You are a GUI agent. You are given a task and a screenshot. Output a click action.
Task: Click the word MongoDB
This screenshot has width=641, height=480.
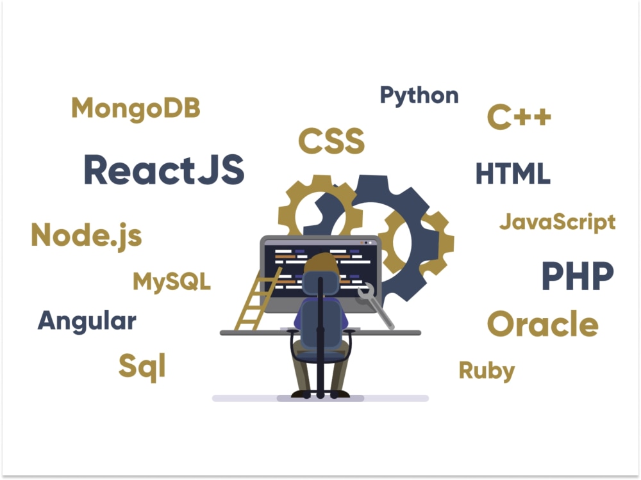click(x=136, y=109)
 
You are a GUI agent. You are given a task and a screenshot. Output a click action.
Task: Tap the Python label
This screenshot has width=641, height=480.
click(x=419, y=96)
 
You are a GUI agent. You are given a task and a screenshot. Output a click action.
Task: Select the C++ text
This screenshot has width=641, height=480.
click(x=519, y=117)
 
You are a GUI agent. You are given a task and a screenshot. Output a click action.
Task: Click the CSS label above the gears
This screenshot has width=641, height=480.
click(x=331, y=141)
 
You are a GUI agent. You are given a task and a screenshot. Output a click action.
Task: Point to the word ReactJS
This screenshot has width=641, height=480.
click(x=164, y=170)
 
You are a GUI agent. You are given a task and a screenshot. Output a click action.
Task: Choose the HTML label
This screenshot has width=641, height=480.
click(x=513, y=173)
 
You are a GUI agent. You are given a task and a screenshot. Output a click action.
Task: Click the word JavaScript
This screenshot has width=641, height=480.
click(x=558, y=223)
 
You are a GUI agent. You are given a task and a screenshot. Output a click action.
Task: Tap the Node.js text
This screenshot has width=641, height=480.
click(x=87, y=236)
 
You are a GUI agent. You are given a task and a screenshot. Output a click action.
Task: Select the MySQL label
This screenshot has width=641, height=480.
click(x=172, y=282)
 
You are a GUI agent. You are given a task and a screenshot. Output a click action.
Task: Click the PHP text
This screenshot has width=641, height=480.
click(x=578, y=276)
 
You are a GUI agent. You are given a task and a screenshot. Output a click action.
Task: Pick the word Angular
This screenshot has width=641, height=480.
click(x=87, y=322)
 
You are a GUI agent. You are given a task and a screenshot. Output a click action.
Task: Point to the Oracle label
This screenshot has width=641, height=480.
click(x=543, y=324)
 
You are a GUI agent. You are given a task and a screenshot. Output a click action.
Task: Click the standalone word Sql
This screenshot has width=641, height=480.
click(x=142, y=367)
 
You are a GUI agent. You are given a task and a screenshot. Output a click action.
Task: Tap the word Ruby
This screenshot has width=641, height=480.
click(x=487, y=371)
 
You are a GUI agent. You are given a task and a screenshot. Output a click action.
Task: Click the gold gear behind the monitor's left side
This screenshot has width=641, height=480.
click(x=291, y=204)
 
